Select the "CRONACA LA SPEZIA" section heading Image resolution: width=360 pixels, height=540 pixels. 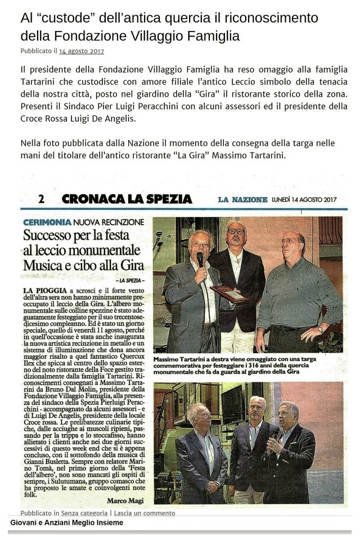pyautogui.click(x=127, y=199)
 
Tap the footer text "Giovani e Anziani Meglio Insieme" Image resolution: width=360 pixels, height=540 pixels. pyautogui.click(x=65, y=523)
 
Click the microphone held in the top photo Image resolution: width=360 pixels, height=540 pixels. pyautogui.click(x=200, y=259)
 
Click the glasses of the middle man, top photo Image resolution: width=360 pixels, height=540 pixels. pyautogui.click(x=236, y=231)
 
